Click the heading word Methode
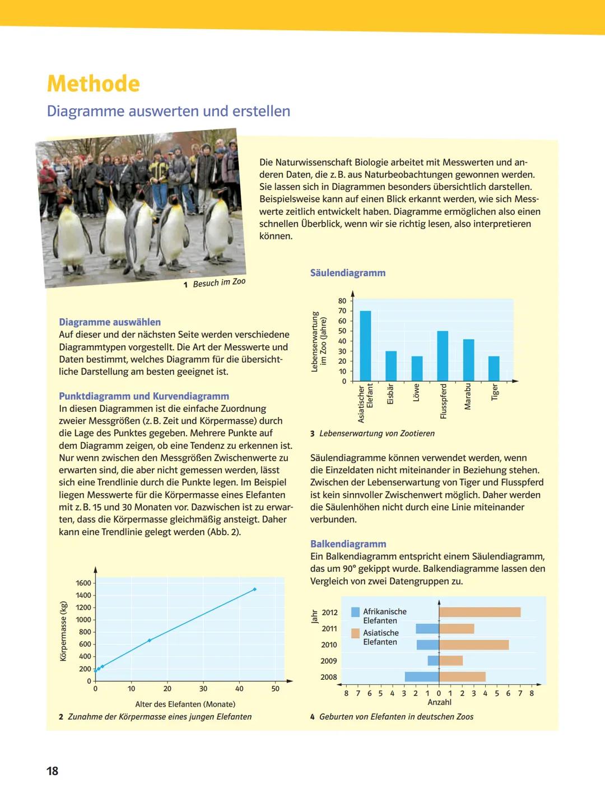(94, 84)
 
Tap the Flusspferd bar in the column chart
(443, 356)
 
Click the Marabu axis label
(468, 397)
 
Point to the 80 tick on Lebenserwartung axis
(342, 301)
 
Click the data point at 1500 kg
(255, 589)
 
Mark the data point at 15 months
(149, 640)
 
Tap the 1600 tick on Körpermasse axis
(83, 583)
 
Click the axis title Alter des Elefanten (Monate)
(185, 704)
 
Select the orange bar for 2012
(480, 612)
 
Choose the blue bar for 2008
(422, 676)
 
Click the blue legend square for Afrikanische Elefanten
(355, 612)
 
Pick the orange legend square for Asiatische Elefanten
(355, 633)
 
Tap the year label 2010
(329, 644)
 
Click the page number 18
(52, 771)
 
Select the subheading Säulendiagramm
(348, 273)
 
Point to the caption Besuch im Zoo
(219, 282)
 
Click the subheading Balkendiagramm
(348, 544)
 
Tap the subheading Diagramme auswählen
(110, 322)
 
